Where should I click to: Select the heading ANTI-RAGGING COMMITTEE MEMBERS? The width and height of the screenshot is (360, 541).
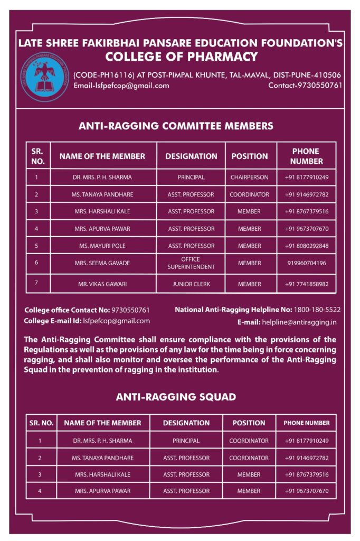tap(176, 126)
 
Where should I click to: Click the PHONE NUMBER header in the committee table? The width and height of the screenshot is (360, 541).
tap(306, 156)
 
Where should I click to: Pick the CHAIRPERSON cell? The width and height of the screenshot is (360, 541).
tap(249, 178)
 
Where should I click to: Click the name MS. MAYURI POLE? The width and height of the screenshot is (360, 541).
tap(102, 246)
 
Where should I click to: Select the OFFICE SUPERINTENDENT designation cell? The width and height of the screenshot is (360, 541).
tap(191, 263)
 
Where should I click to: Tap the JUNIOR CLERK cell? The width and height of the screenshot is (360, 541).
tap(191, 284)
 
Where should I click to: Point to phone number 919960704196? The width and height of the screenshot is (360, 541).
tap(307, 263)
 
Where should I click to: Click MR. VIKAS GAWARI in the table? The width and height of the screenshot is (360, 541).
tap(102, 284)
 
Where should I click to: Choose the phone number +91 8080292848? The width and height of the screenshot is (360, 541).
tap(307, 246)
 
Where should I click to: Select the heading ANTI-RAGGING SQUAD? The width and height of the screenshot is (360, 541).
tap(176, 397)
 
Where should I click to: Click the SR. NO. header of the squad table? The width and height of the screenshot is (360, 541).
tap(41, 423)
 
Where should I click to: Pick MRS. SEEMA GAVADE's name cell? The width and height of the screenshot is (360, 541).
tap(102, 263)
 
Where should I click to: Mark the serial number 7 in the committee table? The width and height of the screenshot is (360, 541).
tap(36, 283)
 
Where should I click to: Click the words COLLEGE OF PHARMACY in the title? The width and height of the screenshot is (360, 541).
tap(181, 57)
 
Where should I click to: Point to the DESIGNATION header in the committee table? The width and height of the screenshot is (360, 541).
tap(191, 156)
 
